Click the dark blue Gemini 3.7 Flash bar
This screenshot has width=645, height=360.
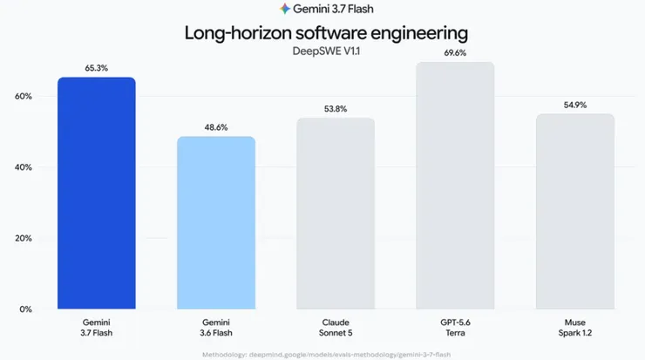click(x=97, y=193)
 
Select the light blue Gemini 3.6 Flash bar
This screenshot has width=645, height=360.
click(x=216, y=222)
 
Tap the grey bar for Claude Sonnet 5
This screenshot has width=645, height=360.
click(x=336, y=213)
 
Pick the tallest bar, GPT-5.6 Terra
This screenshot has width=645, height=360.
click(x=455, y=185)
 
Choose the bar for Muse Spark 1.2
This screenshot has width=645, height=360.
click(x=575, y=212)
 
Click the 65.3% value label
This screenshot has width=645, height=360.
click(x=97, y=68)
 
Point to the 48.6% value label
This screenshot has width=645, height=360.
click(x=216, y=127)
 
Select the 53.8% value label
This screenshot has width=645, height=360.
click(x=336, y=109)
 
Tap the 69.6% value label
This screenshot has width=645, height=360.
click(x=455, y=53)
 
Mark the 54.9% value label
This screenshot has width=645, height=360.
click(x=575, y=105)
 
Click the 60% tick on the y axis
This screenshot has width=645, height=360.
click(x=24, y=96)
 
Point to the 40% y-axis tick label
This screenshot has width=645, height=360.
click(x=24, y=167)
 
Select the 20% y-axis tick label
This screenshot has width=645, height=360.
click(x=24, y=239)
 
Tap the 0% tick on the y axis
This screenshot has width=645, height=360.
click(x=25, y=309)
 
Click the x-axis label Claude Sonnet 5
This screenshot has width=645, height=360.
click(x=336, y=328)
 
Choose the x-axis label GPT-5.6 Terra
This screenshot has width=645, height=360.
click(x=455, y=328)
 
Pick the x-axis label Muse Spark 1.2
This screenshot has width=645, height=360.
click(x=575, y=328)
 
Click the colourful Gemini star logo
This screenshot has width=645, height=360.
click(x=285, y=9)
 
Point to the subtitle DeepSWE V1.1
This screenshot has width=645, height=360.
click(x=326, y=51)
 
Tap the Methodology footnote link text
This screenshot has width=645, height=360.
click(x=326, y=355)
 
